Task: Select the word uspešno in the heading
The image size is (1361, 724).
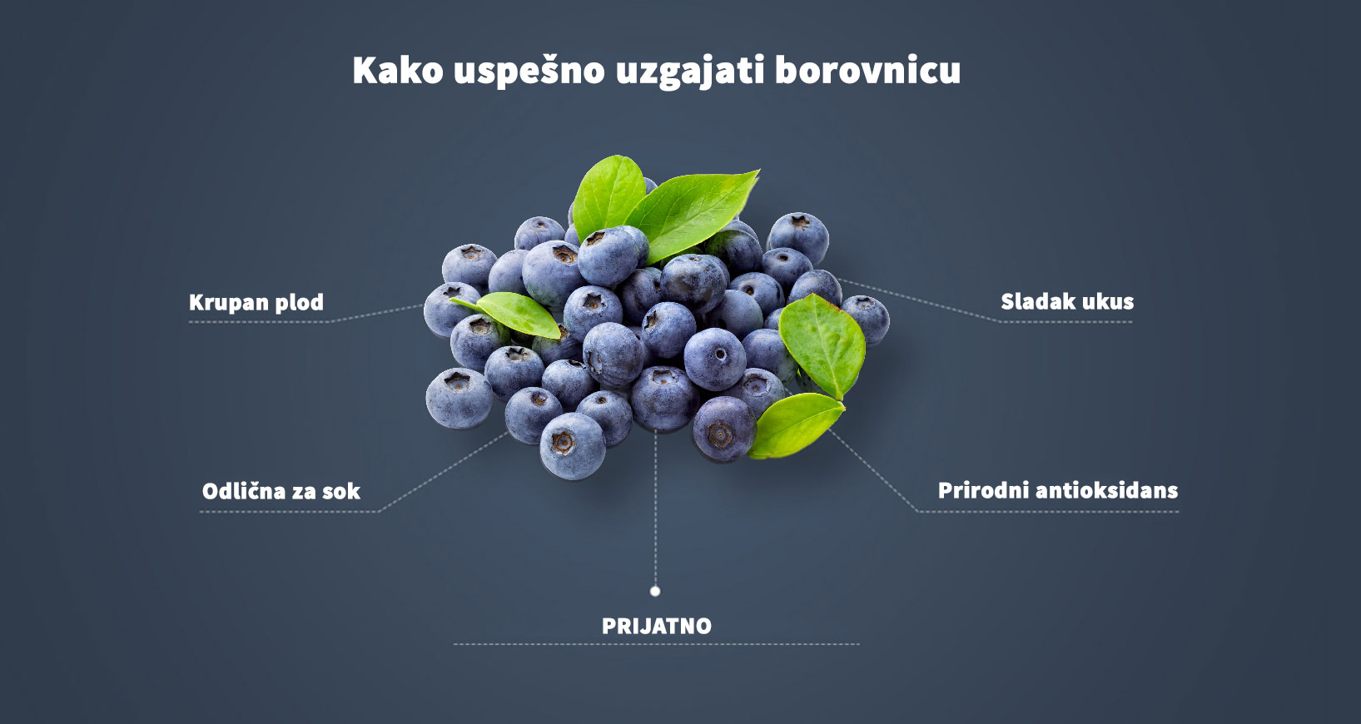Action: point(529,72)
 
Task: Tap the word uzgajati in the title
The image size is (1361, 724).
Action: point(689,72)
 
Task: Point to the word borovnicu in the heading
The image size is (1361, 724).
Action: point(867,70)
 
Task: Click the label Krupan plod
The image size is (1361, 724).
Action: point(256,302)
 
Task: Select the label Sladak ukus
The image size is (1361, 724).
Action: point(1066,301)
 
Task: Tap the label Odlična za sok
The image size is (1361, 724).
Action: point(281,491)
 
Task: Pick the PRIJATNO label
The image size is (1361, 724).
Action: point(656,626)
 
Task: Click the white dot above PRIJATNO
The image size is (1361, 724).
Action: point(655,591)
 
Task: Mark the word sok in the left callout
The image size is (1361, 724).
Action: point(341,491)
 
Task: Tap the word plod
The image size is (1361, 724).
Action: point(299,302)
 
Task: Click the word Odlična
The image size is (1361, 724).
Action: point(243,491)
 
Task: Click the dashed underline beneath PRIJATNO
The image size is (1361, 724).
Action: point(656,644)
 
